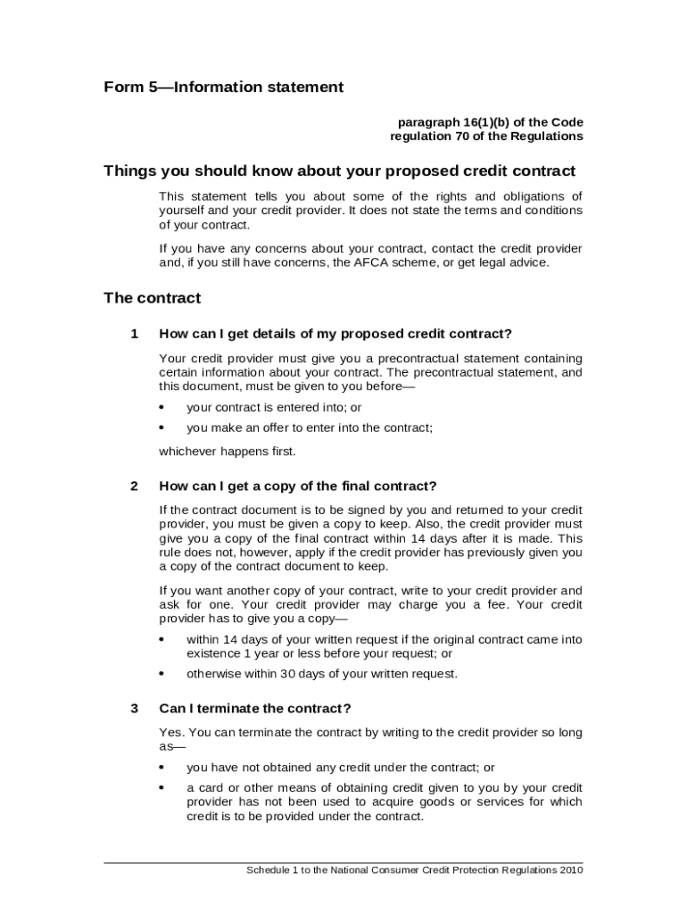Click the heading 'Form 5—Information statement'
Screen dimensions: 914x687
pos(223,87)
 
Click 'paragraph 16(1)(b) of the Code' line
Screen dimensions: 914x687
pos(490,121)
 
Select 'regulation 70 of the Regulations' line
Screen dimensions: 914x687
pos(486,137)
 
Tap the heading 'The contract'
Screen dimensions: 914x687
pos(152,298)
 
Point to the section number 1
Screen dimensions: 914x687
pos(134,334)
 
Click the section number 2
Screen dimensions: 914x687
pos(134,486)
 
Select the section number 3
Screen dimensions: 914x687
pos(134,709)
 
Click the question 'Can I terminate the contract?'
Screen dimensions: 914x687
pos(255,709)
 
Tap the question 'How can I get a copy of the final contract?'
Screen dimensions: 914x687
pos(297,486)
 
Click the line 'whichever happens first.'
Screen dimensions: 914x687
pos(227,452)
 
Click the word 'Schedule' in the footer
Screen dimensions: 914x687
pos(269,870)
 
